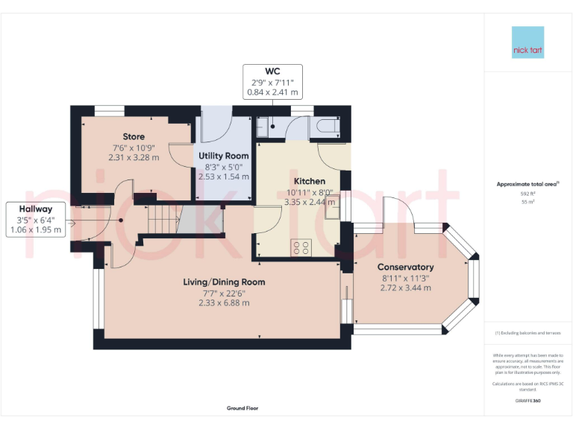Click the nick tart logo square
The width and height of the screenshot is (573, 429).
pyautogui.click(x=527, y=42)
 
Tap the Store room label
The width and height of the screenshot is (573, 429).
pyautogui.click(x=134, y=136)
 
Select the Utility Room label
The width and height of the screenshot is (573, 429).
pyautogui.click(x=223, y=156)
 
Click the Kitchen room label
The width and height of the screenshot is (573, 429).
pyautogui.click(x=309, y=181)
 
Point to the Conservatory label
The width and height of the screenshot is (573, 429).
pyautogui.click(x=405, y=267)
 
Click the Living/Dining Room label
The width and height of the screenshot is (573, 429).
pyautogui.click(x=224, y=282)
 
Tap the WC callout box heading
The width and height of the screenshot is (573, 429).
pyautogui.click(x=272, y=71)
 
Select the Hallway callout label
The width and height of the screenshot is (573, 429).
pyautogui.click(x=36, y=209)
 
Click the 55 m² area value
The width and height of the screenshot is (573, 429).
pyautogui.click(x=527, y=202)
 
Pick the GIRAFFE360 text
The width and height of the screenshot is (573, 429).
pyautogui.click(x=527, y=401)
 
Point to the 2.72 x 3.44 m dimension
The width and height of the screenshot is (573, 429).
pyautogui.click(x=405, y=287)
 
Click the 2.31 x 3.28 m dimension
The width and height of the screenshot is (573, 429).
pyautogui.click(x=134, y=157)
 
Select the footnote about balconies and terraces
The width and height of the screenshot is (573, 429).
pyautogui.click(x=527, y=333)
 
